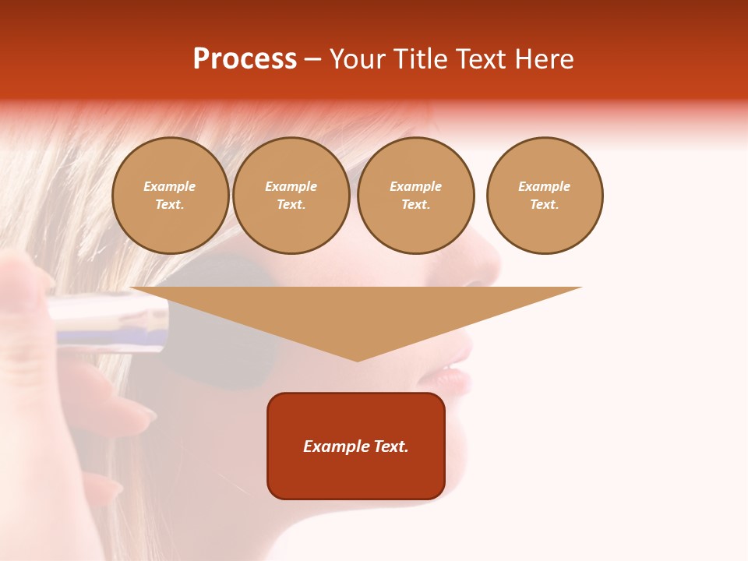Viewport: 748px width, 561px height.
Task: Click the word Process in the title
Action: [x=245, y=59]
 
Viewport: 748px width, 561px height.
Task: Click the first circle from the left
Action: [x=170, y=196]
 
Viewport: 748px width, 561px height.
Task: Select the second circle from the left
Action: [x=291, y=196]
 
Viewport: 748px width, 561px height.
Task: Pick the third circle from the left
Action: [x=416, y=196]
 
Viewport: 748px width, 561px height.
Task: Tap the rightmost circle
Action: [x=545, y=196]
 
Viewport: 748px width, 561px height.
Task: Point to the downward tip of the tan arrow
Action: [x=357, y=360]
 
